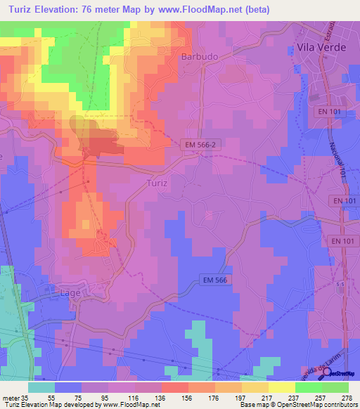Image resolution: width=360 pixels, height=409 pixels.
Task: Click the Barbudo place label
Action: pyautogui.click(x=197, y=56)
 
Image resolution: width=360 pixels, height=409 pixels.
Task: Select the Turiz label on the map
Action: pyautogui.click(x=157, y=182)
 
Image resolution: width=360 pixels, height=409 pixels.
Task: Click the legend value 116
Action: pyautogui.click(x=147, y=397)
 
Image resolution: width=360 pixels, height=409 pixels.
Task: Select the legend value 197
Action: pyautogui.click(x=227, y=397)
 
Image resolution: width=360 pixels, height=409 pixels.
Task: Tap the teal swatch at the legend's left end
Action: pyautogui.click(x=41, y=387)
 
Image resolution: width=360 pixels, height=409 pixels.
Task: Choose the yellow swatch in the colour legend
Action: pyautogui.click(x=282, y=387)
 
